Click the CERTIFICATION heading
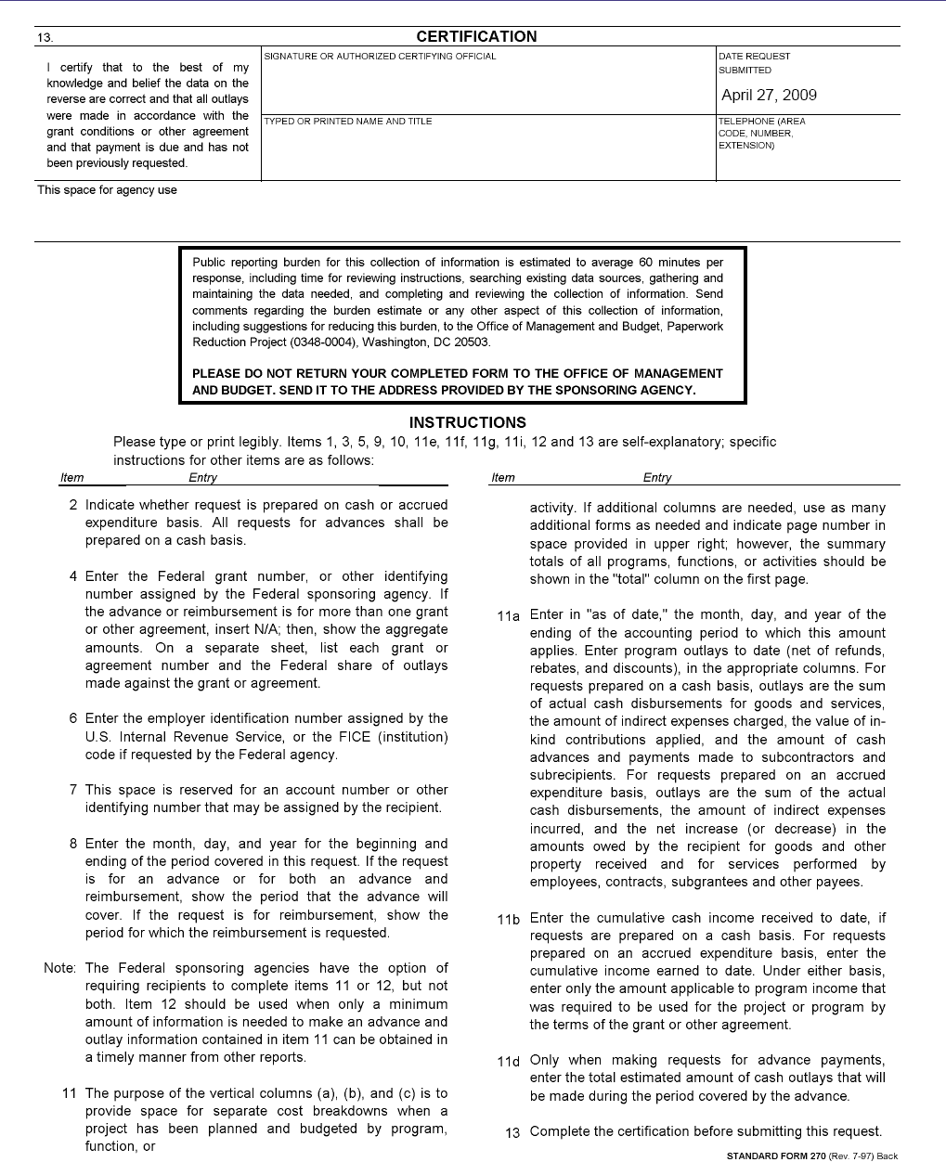coord(476,37)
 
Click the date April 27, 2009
coord(769,95)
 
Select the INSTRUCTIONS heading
coord(467,422)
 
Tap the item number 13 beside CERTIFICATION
coord(45,38)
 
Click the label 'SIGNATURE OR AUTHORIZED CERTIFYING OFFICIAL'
coord(380,57)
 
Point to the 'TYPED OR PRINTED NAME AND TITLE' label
coord(348,122)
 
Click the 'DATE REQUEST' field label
coord(754,57)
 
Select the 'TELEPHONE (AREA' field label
coord(761,122)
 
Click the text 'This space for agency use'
coord(107,190)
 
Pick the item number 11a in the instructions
coord(508,615)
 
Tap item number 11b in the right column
coord(508,919)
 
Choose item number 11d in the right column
coord(508,1061)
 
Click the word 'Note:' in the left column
coord(59,968)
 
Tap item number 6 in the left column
coord(73,718)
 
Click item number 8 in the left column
coord(73,844)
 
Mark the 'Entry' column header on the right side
coord(656,478)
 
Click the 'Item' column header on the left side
coord(71,478)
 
